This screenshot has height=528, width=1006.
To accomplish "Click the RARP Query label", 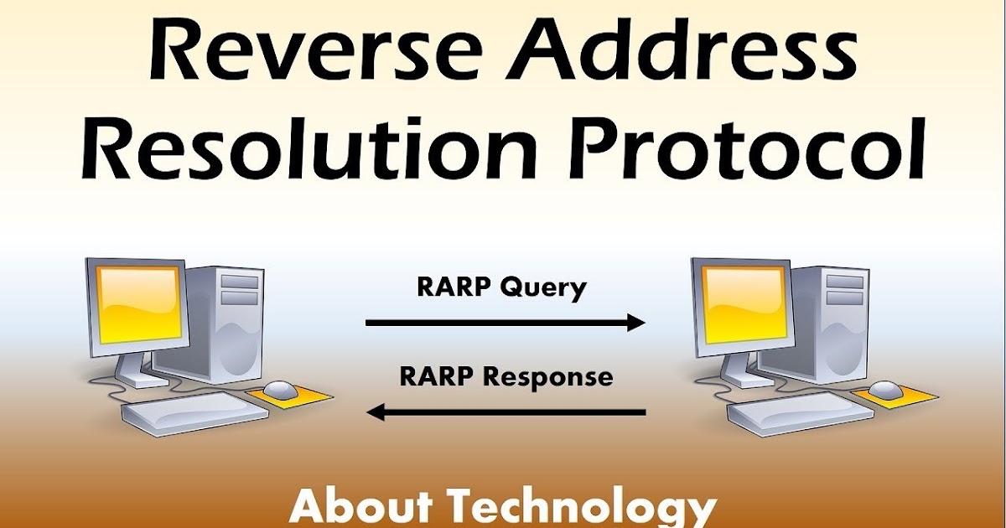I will (501, 287).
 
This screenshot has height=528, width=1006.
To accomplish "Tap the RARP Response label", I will (506, 376).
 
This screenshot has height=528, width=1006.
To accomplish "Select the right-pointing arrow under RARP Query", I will (506, 322).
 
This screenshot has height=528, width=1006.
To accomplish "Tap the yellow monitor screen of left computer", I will (139, 303).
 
